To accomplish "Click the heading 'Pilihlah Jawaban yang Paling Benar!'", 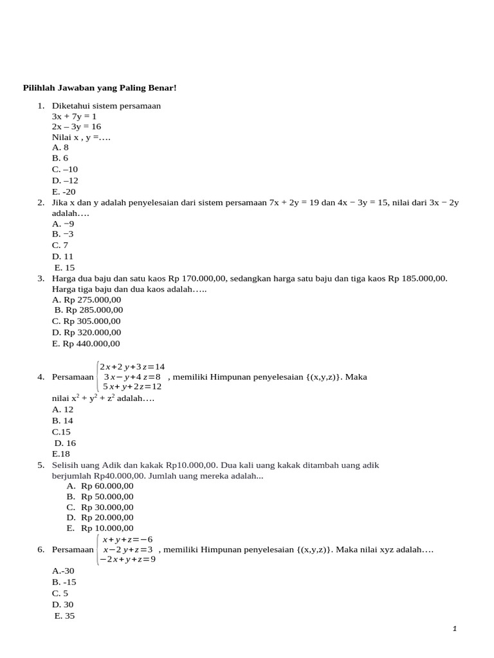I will tap(100, 87).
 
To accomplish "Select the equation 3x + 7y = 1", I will tap(74, 116).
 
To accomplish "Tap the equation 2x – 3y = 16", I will tap(77, 127).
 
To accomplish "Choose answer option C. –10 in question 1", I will tap(65, 169).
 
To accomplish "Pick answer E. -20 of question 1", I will tap(64, 191).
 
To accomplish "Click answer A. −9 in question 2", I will tap(63, 224).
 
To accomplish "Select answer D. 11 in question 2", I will tap(63, 256).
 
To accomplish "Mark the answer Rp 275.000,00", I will tap(86, 299).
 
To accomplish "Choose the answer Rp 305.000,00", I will tap(86, 321).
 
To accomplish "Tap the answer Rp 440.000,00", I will tap(86, 344).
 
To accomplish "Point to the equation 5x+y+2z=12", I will tap(132, 387).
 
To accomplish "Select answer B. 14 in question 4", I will tap(63, 420).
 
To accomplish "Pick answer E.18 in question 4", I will tap(61, 454).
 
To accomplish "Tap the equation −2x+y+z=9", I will tap(127, 559).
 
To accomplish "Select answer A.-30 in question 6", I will tap(64, 571).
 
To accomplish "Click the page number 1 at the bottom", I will tap(455, 629).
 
